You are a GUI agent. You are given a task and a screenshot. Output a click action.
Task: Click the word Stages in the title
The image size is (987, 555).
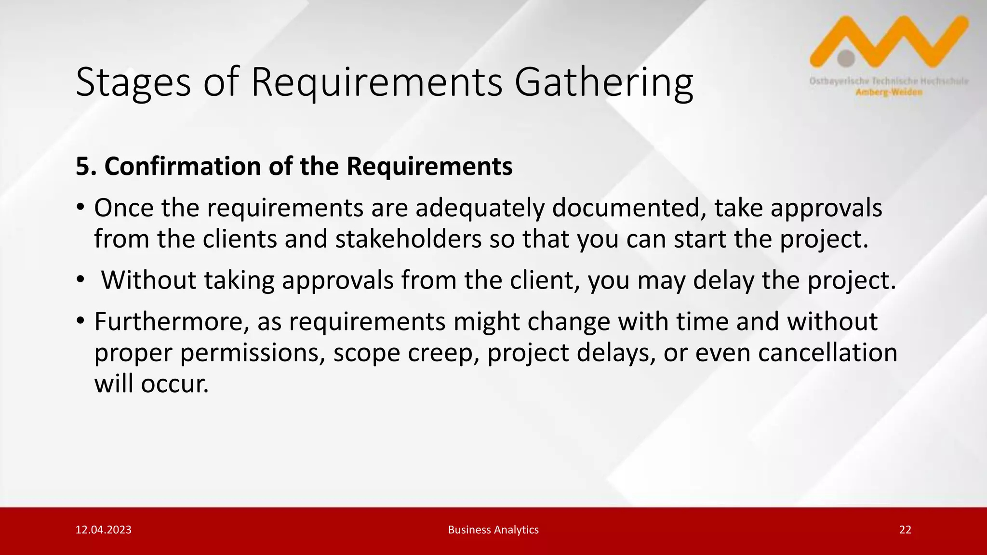tap(133, 83)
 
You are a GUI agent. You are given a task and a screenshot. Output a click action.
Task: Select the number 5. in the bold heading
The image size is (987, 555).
tap(86, 167)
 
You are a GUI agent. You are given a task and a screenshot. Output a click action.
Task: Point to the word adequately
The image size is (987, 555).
tap(480, 208)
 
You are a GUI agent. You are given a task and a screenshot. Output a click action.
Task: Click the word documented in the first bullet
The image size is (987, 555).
tap(629, 208)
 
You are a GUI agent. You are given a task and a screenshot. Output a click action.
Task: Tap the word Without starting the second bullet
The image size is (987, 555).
tap(148, 280)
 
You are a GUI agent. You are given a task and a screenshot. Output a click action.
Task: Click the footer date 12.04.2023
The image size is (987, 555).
tap(103, 530)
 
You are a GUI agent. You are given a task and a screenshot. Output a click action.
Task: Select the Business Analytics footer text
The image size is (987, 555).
tap(493, 530)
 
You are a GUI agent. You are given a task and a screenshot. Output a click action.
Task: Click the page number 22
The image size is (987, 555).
tap(905, 530)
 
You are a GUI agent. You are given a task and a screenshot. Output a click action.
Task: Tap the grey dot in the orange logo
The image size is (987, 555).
tap(846, 58)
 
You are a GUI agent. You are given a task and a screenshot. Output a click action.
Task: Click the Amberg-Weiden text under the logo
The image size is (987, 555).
tap(889, 92)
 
